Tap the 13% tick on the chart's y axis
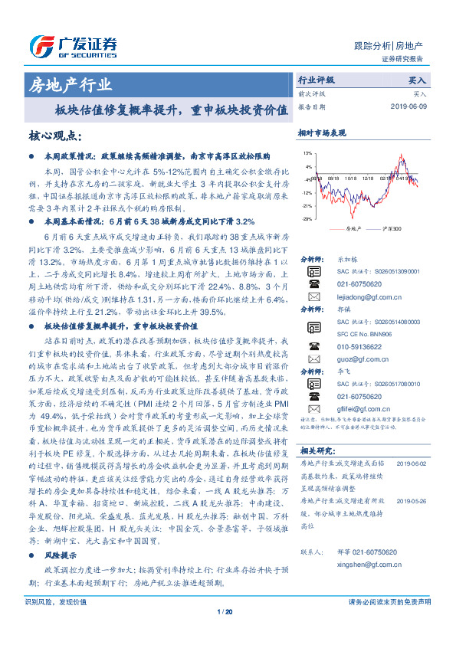(307, 153)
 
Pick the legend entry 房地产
(351, 228)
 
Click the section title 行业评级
(317, 79)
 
